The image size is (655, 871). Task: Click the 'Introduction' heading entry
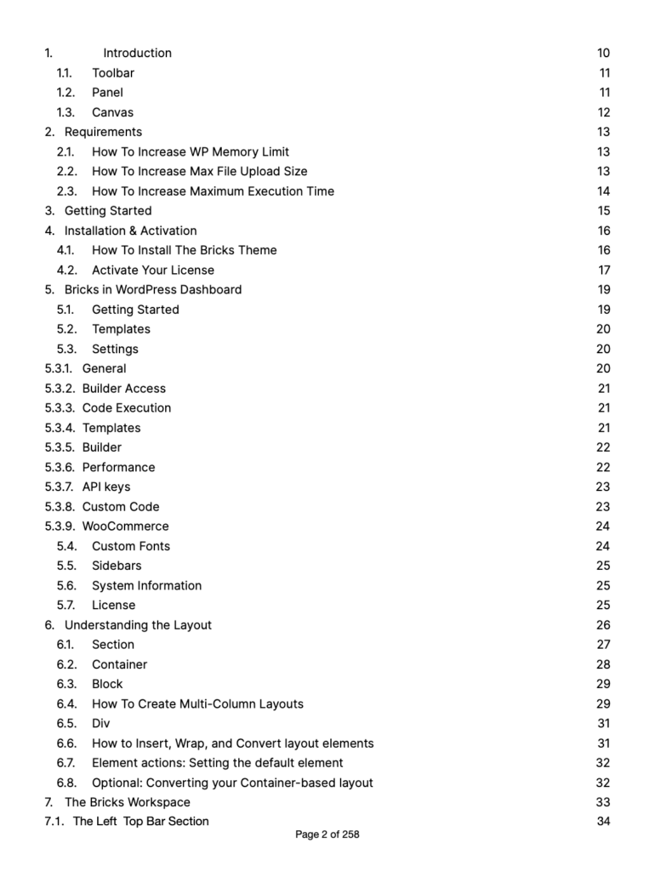[137, 53]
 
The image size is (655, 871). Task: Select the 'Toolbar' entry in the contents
[113, 72]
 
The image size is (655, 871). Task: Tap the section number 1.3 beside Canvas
[65, 112]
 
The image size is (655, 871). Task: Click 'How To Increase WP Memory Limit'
[191, 151]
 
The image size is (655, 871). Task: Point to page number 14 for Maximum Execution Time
[603, 191]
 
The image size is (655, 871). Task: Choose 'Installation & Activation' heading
[130, 231]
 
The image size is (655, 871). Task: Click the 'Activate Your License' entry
[153, 270]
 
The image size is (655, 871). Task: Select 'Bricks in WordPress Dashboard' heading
[153, 289]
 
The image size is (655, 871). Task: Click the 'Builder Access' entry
[124, 389]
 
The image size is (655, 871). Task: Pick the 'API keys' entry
[106, 487]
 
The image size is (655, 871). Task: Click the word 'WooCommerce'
[125, 527]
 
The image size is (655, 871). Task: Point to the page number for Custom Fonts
[603, 546]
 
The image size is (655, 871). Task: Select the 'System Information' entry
[147, 585]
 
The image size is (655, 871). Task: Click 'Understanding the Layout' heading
[138, 625]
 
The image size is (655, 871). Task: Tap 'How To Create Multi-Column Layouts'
[197, 704]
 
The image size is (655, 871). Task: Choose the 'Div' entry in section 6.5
[101, 724]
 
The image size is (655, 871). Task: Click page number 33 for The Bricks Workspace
[603, 802]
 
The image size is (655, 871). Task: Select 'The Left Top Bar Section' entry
[140, 822]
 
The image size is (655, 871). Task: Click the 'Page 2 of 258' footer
[327, 835]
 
